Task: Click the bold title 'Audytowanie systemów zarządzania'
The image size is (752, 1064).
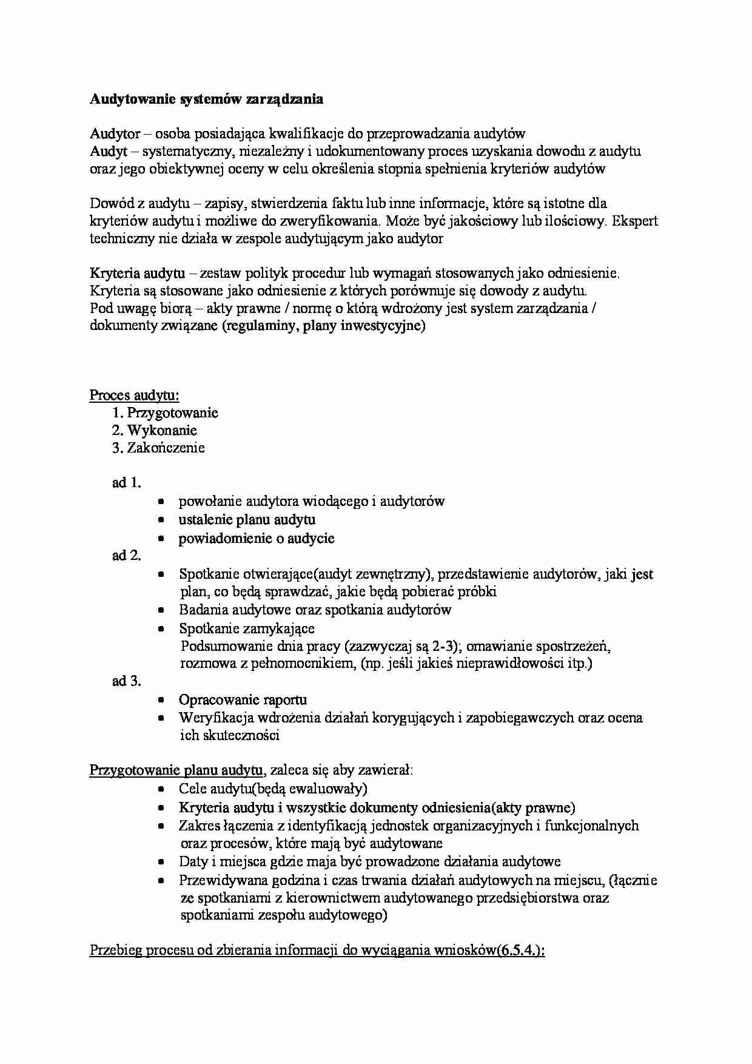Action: (x=206, y=99)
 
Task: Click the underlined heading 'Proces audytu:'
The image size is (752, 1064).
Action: (x=135, y=396)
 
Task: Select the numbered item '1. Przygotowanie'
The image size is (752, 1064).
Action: (x=165, y=413)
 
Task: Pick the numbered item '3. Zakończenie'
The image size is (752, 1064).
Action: (x=158, y=448)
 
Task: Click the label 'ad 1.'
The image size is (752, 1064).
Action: (x=127, y=483)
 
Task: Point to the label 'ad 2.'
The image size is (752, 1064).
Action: (x=127, y=556)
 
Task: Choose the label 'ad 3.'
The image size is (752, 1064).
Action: (x=127, y=681)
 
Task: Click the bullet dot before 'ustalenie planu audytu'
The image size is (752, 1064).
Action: (x=161, y=520)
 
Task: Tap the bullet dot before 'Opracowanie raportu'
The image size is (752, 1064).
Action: (x=161, y=701)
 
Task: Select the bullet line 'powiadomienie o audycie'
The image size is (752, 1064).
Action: (x=257, y=539)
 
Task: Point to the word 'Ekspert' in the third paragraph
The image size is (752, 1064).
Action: (x=635, y=221)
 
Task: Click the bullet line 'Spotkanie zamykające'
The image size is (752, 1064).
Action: (x=247, y=628)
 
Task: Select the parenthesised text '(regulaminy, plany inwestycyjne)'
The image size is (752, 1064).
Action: (x=324, y=326)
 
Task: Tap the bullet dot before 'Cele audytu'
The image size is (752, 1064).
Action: (x=161, y=790)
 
